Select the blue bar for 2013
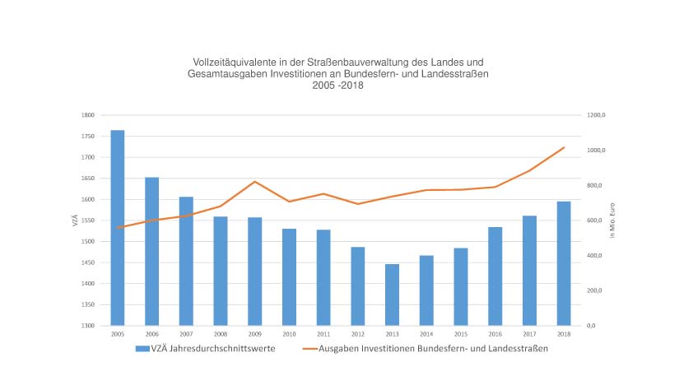[392, 295]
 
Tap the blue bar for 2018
[563, 263]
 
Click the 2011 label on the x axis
[323, 334]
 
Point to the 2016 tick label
[495, 334]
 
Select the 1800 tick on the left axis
[88, 116]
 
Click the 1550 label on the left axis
[88, 221]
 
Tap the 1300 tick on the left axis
[88, 326]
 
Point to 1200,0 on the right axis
[595, 116]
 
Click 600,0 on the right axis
[595, 221]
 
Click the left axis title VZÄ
[74, 220]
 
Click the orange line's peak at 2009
[255, 181]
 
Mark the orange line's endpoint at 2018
[564, 147]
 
